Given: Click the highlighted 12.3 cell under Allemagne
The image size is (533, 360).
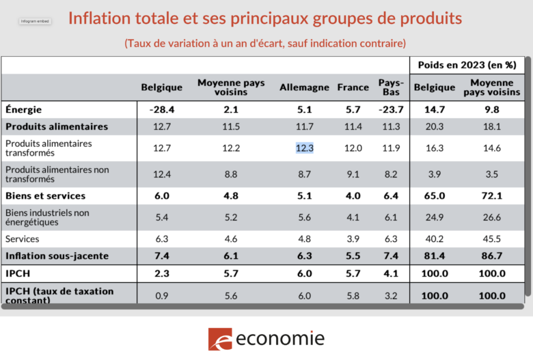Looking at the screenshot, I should [x=304, y=148].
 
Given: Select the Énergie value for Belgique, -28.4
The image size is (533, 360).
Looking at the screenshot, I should [x=161, y=109].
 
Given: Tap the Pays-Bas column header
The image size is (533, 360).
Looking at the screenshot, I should [x=392, y=87].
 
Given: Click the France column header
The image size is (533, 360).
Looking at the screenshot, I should [x=353, y=87].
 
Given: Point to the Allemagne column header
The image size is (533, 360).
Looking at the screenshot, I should [x=304, y=87].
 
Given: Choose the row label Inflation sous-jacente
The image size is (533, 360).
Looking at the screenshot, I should [x=57, y=256].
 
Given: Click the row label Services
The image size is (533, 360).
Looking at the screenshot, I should [x=23, y=239].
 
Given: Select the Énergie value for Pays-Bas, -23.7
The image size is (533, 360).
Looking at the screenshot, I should [x=392, y=109].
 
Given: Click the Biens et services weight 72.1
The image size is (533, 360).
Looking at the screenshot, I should [x=491, y=196].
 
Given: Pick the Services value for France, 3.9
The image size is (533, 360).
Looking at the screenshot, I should [x=353, y=239].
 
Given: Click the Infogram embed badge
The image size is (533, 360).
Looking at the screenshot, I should [x=34, y=22].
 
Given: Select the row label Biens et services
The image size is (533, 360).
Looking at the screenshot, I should [x=46, y=196].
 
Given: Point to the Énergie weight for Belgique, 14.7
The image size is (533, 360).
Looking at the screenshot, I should [x=435, y=109].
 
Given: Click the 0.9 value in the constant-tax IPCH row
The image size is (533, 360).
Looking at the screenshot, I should [x=161, y=296].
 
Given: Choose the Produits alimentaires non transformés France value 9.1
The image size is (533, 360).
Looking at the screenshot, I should [x=353, y=174].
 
